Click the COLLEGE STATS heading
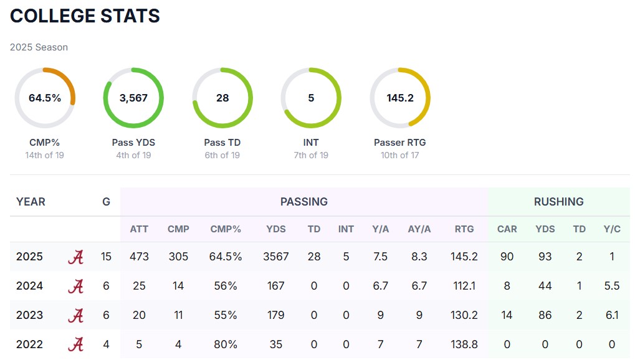(x=85, y=16)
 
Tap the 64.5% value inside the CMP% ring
(x=45, y=98)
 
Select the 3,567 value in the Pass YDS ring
(x=133, y=98)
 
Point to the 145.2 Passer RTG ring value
(x=400, y=98)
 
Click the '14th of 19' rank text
(x=44, y=155)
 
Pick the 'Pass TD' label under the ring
(x=222, y=143)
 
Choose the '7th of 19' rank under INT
(x=311, y=155)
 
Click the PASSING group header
(x=304, y=202)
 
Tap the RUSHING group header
(x=558, y=202)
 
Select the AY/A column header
(x=419, y=229)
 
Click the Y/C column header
(x=612, y=229)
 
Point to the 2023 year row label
(x=29, y=315)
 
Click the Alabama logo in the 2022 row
(x=75, y=344)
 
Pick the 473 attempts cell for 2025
(x=139, y=257)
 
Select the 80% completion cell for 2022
(x=226, y=344)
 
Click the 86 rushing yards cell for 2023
(x=545, y=315)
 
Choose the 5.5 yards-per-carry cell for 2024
(x=612, y=286)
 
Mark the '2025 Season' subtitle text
(x=39, y=47)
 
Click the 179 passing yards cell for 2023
(x=275, y=315)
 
